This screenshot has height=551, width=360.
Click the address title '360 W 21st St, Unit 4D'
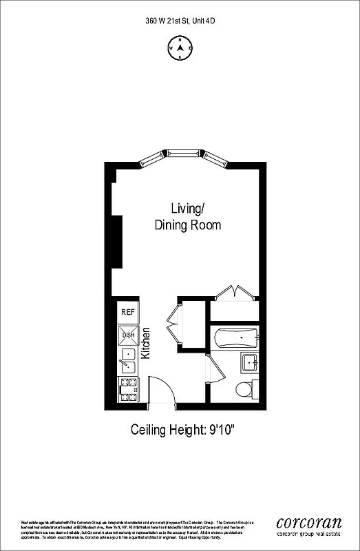coord(180,21)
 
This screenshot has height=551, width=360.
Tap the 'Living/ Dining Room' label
coord(187,216)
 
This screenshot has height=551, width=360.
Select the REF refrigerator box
coord(127,312)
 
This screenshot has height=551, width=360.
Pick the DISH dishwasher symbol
coord(128,336)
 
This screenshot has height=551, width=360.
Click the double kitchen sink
coord(127,362)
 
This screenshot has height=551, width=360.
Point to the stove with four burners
coord(128,389)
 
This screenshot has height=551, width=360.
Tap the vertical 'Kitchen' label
coord(146,343)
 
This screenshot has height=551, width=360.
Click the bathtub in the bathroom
coord(235,337)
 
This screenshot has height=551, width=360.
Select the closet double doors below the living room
coord(235,293)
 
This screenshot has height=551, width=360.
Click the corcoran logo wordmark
coord(308,521)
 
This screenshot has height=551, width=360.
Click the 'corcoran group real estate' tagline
coord(308,533)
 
